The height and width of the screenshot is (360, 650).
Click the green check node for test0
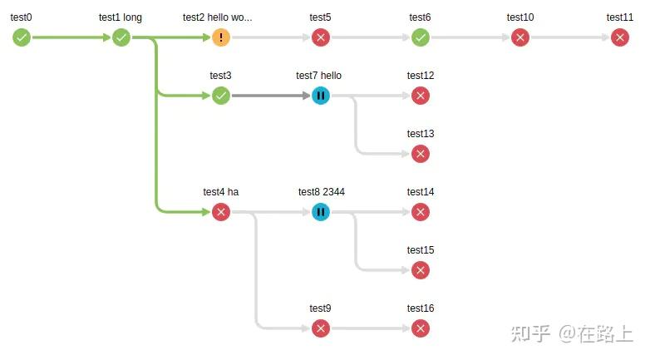pyautogui.click(x=22, y=37)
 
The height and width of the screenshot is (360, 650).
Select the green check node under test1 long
pyautogui.click(x=121, y=37)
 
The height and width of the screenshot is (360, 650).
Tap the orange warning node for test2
pyautogui.click(x=221, y=37)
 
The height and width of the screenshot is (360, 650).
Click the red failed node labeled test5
pyautogui.click(x=321, y=37)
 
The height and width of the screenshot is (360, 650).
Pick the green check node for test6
pyautogui.click(x=421, y=37)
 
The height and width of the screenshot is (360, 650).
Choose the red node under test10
pyautogui.click(x=520, y=37)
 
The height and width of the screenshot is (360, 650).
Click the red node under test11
pyautogui.click(x=620, y=37)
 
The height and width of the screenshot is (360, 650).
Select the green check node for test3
pyautogui.click(x=221, y=96)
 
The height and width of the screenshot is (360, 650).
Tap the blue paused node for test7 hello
pyautogui.click(x=321, y=96)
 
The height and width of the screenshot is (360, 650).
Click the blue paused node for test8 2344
pyautogui.click(x=321, y=212)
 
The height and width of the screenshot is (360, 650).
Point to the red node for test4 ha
pyautogui.click(x=221, y=212)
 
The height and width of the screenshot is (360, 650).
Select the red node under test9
pyautogui.click(x=321, y=328)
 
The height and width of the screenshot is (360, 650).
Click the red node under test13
pyautogui.click(x=421, y=154)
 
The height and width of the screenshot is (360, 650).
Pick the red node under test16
pyautogui.click(x=421, y=328)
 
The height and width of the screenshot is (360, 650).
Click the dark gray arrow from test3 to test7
pyautogui.click(x=270, y=96)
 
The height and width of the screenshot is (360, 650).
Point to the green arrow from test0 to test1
pyautogui.click(x=71, y=37)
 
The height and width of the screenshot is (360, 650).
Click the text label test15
pyautogui.click(x=421, y=250)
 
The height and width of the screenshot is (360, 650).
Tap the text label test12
pyautogui.click(x=421, y=76)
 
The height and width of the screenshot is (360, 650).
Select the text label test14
pyautogui.click(x=421, y=192)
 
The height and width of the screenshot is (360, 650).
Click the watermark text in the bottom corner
pyautogui.click(x=573, y=333)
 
